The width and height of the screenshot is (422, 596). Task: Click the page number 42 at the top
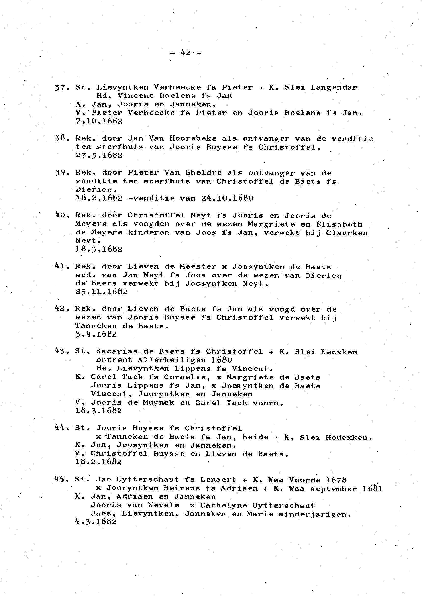pos(185,53)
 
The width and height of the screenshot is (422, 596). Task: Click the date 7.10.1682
pos(99,121)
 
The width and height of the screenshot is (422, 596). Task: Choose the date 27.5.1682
pos(99,156)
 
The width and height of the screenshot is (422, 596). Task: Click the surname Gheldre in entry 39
pos(203,173)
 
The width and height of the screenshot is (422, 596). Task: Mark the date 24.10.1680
pos(227,198)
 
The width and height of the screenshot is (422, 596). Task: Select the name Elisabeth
pos(339,224)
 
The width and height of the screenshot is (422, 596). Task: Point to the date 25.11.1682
pos(101,292)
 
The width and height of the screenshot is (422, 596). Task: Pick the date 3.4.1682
pos(96,334)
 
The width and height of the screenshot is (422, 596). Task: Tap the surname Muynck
pos(159,403)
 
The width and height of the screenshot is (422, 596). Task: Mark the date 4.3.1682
pos(96,522)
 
